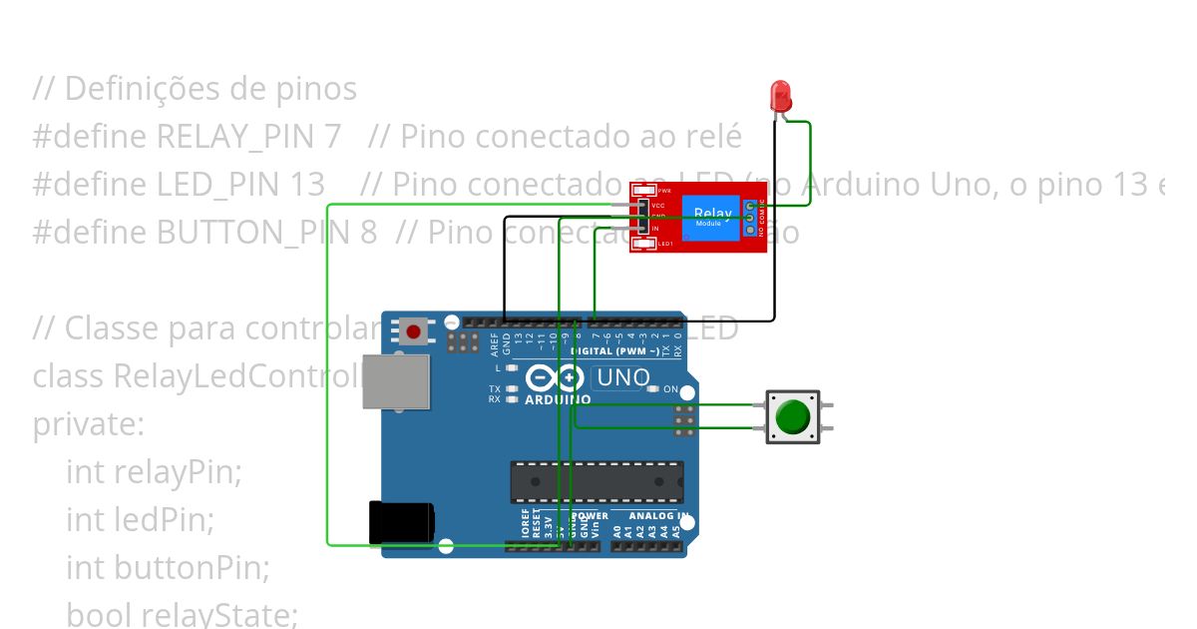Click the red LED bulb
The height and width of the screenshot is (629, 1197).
781,96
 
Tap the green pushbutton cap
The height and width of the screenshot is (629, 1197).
792,416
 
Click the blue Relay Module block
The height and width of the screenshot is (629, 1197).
711,217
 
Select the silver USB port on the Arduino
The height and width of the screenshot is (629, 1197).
396,380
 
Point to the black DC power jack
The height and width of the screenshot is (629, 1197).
400,523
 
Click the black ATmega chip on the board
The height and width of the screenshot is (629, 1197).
597,482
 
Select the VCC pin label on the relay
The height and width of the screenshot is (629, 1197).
658,205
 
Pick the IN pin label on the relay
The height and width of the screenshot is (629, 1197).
655,229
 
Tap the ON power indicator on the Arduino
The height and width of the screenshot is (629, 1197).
670,389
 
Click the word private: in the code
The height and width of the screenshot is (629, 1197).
89,423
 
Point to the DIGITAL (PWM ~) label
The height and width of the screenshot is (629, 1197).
613,351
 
